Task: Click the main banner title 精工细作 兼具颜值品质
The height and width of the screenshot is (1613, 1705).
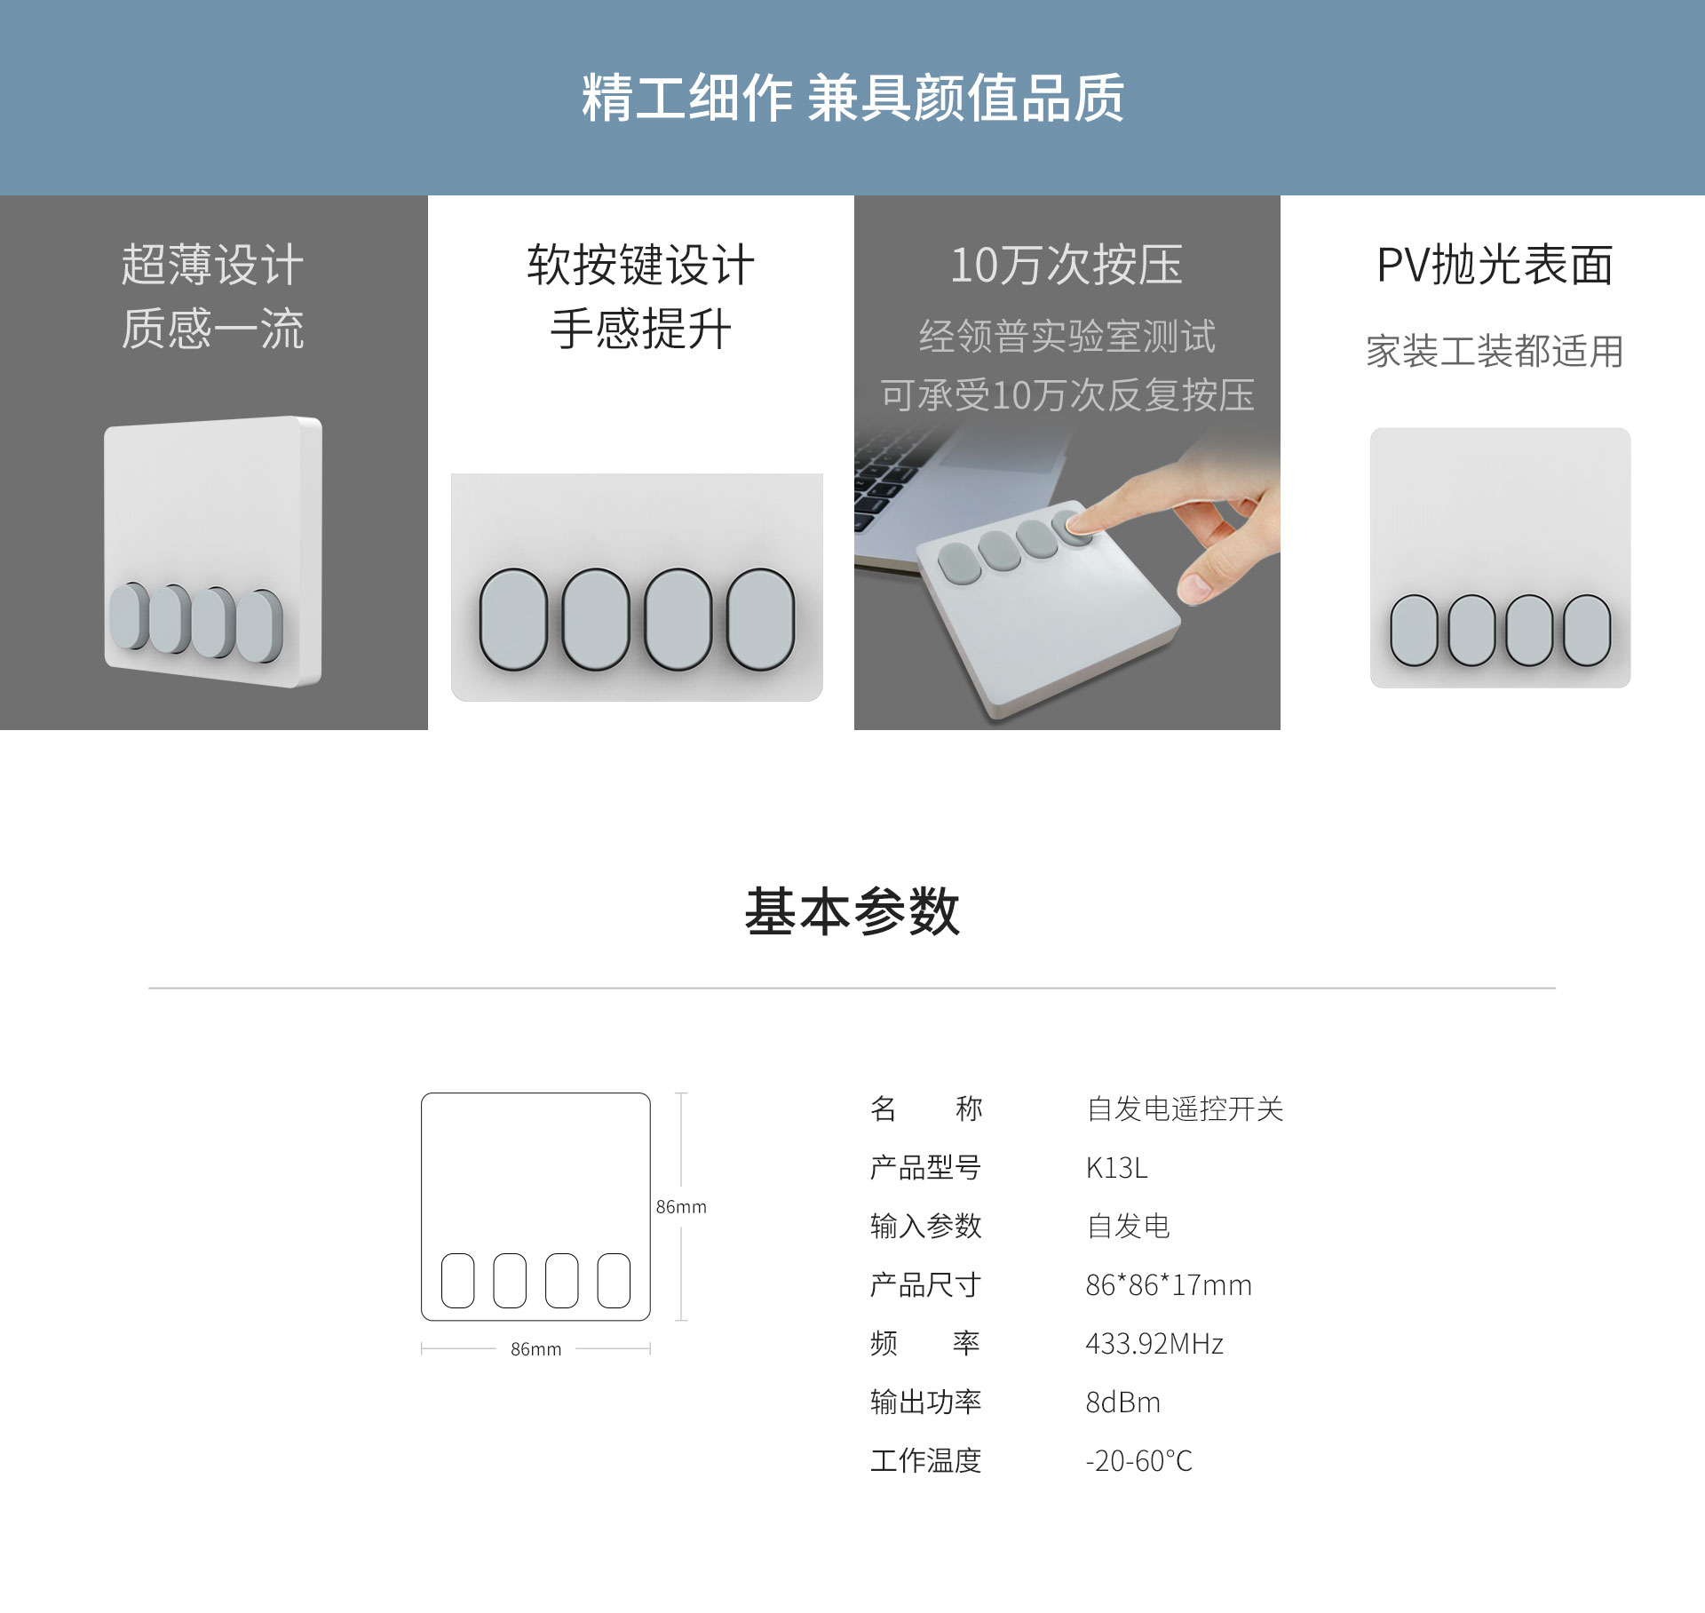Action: [x=852, y=98]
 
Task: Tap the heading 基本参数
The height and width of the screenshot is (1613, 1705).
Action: [x=852, y=911]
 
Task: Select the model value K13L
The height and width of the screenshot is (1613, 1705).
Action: [x=1116, y=1167]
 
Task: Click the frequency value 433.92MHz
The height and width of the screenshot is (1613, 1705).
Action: [x=1154, y=1343]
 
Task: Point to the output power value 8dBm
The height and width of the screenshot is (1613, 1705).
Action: [x=1122, y=1402]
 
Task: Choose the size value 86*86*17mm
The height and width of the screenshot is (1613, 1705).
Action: [x=1169, y=1284]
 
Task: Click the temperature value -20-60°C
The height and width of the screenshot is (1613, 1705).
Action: [x=1138, y=1460]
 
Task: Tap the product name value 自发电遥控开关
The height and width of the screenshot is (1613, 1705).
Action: [x=1185, y=1108]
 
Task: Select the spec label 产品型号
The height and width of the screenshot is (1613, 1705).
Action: [x=925, y=1167]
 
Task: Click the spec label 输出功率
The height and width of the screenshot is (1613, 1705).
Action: [x=925, y=1402]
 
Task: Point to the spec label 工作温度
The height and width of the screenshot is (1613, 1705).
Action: [x=925, y=1460]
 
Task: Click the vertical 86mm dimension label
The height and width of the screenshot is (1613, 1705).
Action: [x=681, y=1206]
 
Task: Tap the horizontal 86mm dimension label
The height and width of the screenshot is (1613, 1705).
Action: [x=535, y=1348]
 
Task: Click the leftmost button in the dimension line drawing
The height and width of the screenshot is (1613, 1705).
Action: [x=458, y=1280]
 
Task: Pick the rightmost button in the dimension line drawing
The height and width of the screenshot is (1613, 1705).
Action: [x=614, y=1280]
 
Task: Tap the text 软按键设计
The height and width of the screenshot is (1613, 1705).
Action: [x=640, y=265]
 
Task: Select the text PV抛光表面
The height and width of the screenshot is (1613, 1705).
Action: [x=1495, y=265]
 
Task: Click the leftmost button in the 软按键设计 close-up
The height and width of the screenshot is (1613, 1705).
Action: [x=513, y=619]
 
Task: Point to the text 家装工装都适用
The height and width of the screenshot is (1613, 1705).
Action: [x=1495, y=351]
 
